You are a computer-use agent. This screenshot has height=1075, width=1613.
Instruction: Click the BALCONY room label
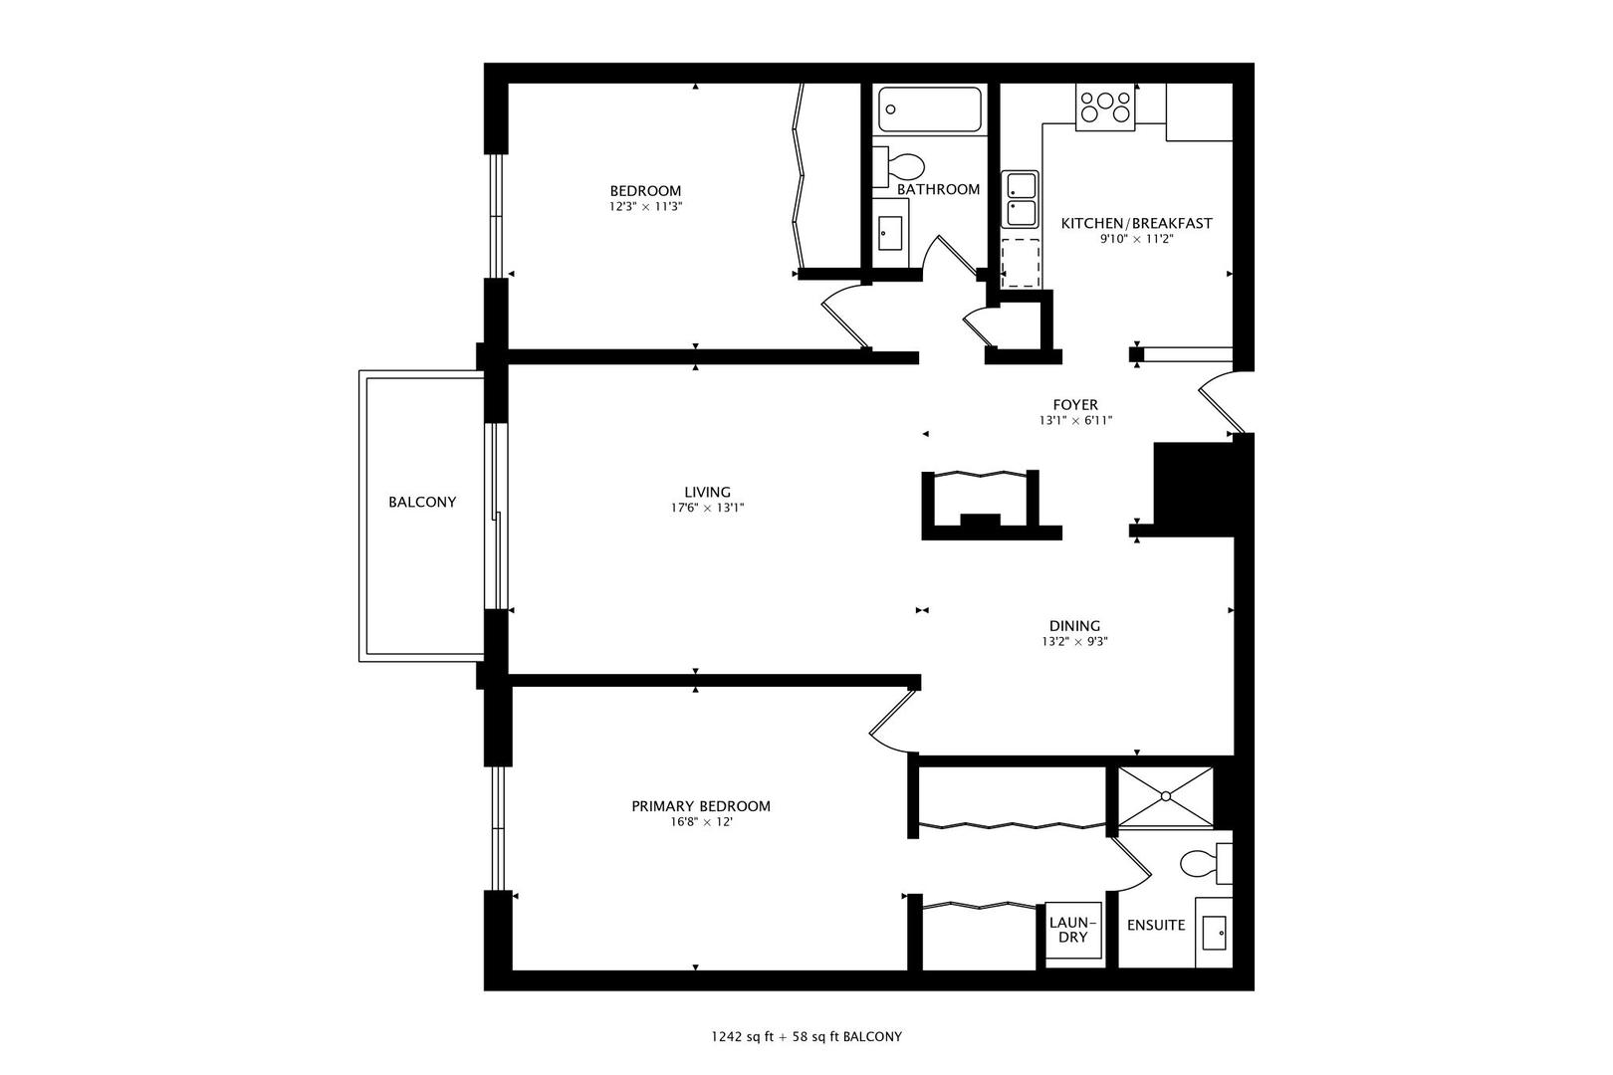click(422, 503)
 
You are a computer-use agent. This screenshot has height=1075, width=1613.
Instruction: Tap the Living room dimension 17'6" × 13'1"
click(707, 509)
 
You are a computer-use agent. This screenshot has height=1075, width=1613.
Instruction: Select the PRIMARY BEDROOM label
click(701, 806)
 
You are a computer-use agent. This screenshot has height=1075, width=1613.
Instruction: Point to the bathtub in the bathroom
click(930, 109)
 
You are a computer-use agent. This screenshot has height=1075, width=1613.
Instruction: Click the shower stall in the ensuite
click(1165, 796)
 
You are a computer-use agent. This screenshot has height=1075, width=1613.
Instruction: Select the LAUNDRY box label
click(1073, 931)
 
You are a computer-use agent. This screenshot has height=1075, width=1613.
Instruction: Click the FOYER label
click(1075, 405)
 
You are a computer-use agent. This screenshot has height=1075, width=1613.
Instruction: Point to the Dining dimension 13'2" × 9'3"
click(1074, 642)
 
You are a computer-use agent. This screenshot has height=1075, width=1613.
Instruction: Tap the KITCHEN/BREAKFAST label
click(1136, 224)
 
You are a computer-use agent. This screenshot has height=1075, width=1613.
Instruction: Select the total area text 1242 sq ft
click(743, 1037)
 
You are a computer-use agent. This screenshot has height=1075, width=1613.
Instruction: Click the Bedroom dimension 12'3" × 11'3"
click(645, 207)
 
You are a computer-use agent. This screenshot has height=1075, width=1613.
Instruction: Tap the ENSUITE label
click(1156, 926)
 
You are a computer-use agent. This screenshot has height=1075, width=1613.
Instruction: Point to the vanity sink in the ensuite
click(1214, 933)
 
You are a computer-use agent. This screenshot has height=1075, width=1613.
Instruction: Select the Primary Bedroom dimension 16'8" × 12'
click(701, 822)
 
